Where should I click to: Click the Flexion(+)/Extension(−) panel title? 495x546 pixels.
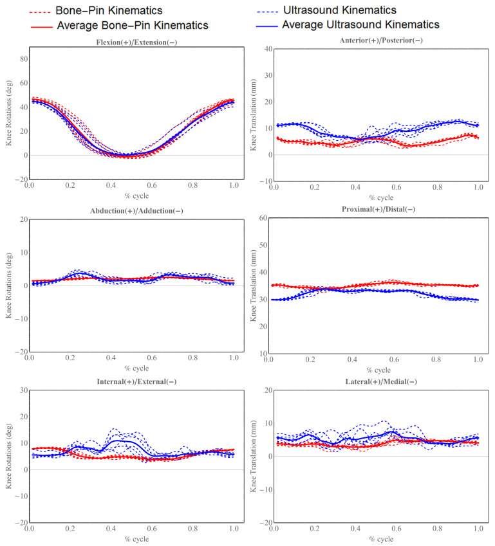coord(131,41)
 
